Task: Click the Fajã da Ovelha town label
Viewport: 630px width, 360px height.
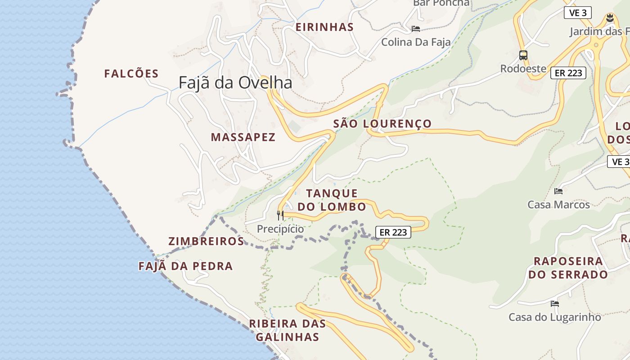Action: tap(235, 83)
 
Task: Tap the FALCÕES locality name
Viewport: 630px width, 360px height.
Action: tap(131, 74)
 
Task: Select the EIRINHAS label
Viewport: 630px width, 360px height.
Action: tap(324, 27)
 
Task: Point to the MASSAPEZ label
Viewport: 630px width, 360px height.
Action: tap(243, 137)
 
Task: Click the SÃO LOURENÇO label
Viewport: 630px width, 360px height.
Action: tap(382, 124)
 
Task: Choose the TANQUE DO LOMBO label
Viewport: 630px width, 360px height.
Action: tap(332, 200)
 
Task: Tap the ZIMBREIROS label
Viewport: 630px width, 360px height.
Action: tap(206, 241)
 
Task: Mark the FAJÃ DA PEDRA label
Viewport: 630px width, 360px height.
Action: tap(185, 266)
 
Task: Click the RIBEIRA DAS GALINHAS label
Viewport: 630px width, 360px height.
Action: tap(287, 330)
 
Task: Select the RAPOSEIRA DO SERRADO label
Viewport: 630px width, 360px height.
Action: tap(568, 268)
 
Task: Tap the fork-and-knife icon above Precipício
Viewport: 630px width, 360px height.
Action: tap(280, 216)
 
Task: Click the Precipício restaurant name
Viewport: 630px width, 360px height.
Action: tap(280, 229)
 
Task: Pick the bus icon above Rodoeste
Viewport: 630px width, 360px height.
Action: tap(523, 55)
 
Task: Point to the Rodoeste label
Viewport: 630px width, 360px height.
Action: tap(523, 69)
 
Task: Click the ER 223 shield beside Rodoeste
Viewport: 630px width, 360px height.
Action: tap(568, 73)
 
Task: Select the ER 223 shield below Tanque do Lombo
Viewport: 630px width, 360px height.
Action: tap(393, 232)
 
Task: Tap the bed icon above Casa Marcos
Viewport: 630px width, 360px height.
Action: tap(558, 191)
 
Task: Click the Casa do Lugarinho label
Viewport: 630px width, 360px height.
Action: tap(554, 317)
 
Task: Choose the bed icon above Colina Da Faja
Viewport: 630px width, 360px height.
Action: tap(416, 29)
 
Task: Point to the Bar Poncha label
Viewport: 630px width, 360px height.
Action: tap(441, 3)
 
